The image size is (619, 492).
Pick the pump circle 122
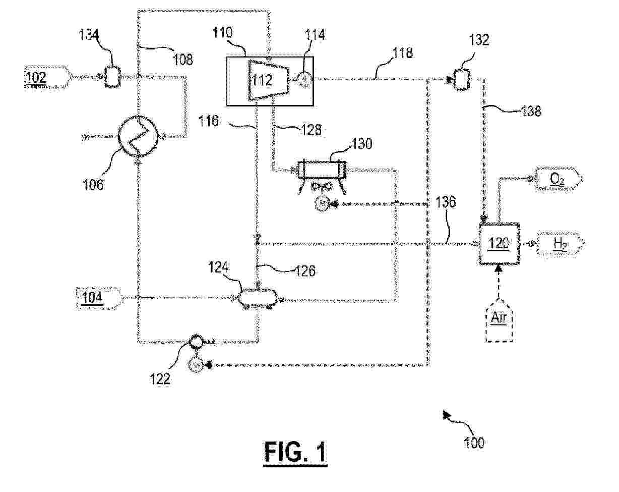pos(195,342)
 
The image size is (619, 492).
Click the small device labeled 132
pos(461,79)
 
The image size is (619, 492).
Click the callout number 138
pos(531,111)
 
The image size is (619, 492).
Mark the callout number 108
pos(183,59)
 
